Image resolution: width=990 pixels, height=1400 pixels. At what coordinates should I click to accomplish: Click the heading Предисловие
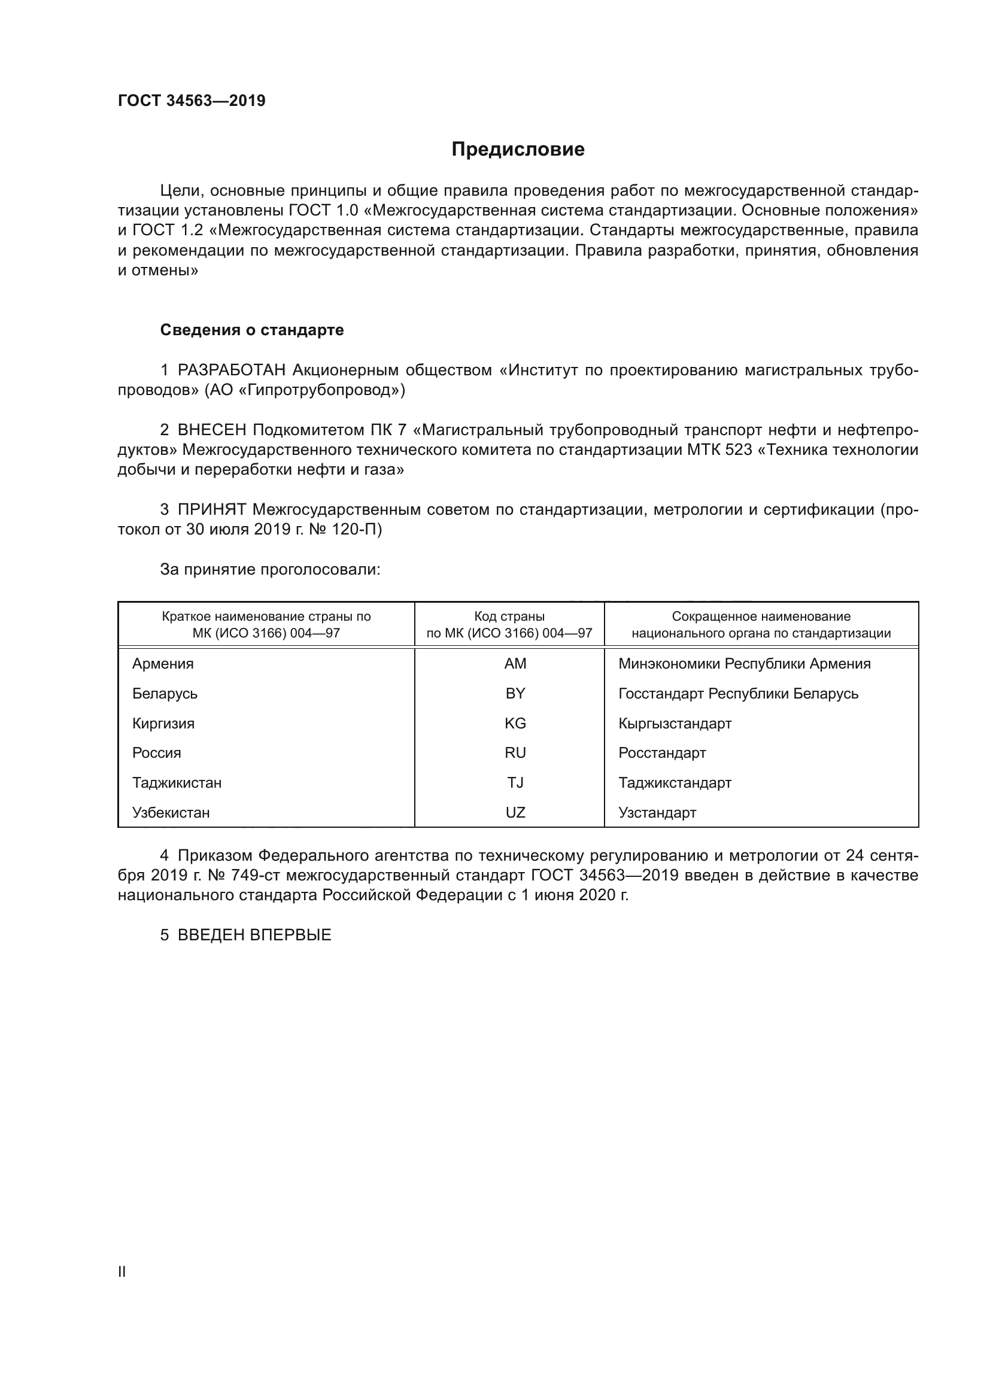pos(518,150)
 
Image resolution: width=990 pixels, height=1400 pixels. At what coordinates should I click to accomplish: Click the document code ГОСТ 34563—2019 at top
pos(192,101)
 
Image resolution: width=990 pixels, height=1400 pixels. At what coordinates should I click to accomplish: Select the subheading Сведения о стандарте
pos(252,330)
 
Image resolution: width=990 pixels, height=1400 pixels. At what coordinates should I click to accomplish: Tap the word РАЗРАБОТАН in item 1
pos(231,370)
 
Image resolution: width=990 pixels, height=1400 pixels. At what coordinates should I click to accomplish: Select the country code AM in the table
pos(515,663)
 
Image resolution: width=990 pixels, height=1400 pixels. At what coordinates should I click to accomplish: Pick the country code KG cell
pos(515,723)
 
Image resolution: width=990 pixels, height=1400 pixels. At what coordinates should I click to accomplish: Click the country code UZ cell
pos(515,813)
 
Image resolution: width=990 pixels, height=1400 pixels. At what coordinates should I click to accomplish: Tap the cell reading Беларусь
pos(165,693)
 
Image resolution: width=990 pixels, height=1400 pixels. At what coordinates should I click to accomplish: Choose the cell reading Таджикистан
pos(177,783)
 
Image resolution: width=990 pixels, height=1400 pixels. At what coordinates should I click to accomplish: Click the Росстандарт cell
pos(661,753)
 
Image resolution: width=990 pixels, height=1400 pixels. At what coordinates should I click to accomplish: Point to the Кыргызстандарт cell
pos(674,723)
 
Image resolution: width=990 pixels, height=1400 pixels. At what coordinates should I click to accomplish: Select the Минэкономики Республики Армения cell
pos(744,663)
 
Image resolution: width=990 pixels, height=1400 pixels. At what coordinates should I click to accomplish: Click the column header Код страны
pos(509,617)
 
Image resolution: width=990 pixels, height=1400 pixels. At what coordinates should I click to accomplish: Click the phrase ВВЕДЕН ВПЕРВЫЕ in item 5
pos(254,936)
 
